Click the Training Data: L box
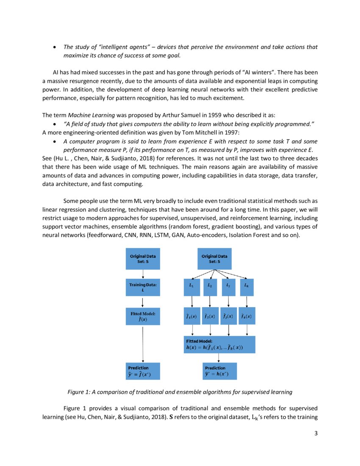coord(143,288)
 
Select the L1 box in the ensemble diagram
coord(192,286)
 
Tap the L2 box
coord(210,286)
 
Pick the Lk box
coord(247,286)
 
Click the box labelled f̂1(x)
coord(192,316)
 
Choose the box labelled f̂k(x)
coord(247,316)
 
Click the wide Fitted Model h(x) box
coord(219,344)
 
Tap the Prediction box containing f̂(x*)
coord(143,371)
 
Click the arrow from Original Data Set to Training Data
coord(143,274)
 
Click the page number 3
coord(316,433)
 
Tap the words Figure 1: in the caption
coord(79,392)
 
